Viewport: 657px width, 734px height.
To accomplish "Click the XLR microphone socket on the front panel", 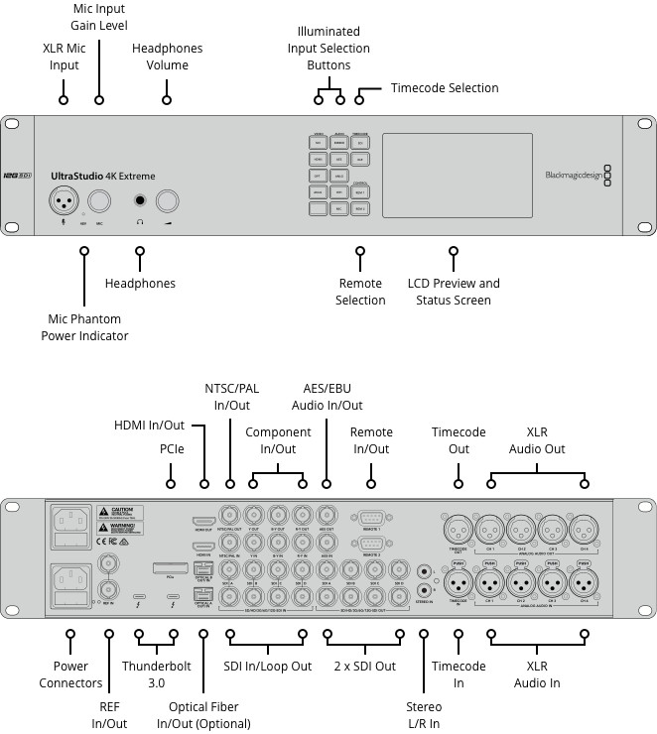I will tap(66, 200).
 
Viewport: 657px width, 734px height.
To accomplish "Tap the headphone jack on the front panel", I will tap(141, 200).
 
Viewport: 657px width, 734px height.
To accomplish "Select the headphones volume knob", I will tap(167, 200).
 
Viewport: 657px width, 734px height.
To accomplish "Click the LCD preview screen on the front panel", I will tap(457, 176).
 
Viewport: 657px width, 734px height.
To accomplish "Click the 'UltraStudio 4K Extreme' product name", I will tap(102, 177).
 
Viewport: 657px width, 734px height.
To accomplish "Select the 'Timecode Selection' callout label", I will tap(444, 88).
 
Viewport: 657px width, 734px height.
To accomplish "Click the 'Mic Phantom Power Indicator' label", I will tap(84, 327).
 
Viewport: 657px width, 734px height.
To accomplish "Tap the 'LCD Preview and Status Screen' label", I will tap(454, 292).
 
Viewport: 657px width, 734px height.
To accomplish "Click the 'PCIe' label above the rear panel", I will tap(172, 448).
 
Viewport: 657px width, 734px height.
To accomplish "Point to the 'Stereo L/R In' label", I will tap(424, 715).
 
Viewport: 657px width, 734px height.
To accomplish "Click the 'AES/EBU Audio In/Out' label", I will tap(327, 397).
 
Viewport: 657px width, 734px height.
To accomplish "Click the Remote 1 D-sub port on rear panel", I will tap(372, 518).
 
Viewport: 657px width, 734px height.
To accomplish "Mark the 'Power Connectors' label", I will tap(70, 674).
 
